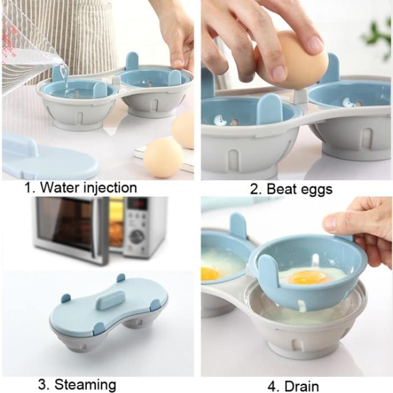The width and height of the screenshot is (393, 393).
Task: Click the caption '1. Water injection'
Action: coord(80,187)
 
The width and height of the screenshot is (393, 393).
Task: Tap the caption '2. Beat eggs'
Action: coord(291,189)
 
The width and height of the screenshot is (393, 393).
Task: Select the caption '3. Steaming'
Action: coord(77,385)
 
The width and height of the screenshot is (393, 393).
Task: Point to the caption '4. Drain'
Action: coord(293,385)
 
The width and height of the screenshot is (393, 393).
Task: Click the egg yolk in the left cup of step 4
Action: coord(210,273)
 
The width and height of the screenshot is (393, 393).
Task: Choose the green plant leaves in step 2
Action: coord(377,34)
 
